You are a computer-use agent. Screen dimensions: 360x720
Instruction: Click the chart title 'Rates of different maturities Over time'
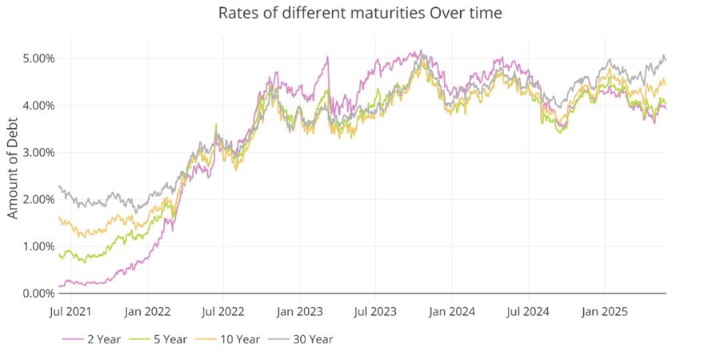(x=359, y=14)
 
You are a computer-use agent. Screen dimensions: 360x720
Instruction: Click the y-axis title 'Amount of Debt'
(x=13, y=176)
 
